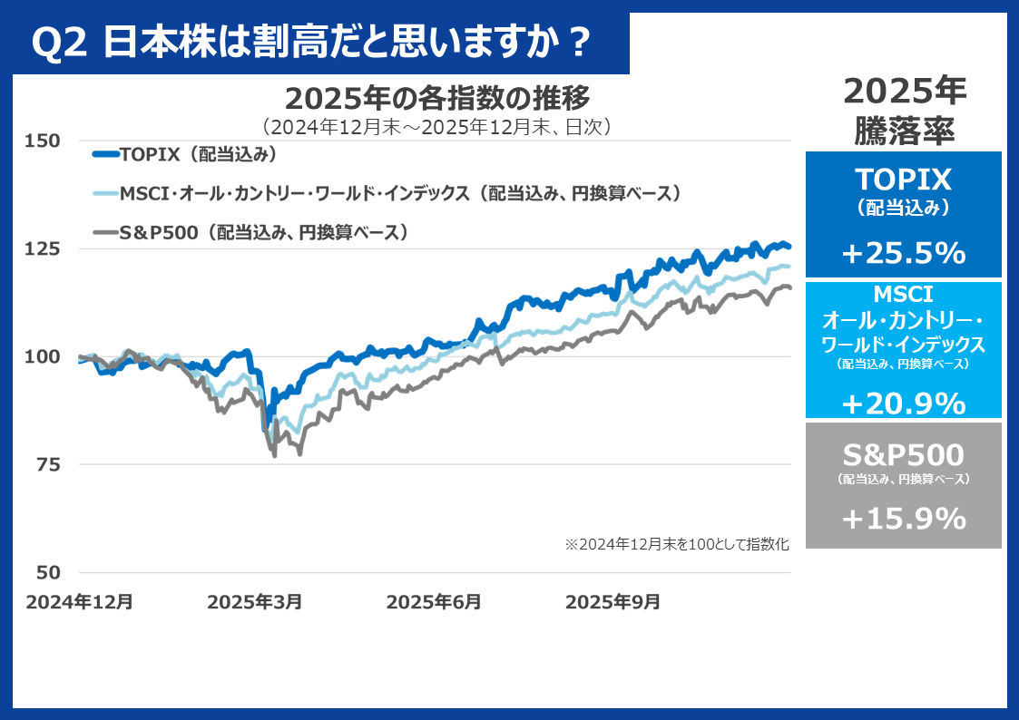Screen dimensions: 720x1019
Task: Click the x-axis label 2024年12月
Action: point(80,601)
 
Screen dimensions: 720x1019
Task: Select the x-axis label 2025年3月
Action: point(254,601)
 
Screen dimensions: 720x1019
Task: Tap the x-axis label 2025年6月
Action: point(434,601)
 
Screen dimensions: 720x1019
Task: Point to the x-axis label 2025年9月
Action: point(613,601)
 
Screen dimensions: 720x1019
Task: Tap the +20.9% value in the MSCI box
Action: point(903,402)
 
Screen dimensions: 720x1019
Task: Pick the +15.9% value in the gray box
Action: point(903,519)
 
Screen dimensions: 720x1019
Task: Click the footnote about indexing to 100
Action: point(677,545)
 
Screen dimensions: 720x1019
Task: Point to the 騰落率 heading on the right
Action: point(904,132)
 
